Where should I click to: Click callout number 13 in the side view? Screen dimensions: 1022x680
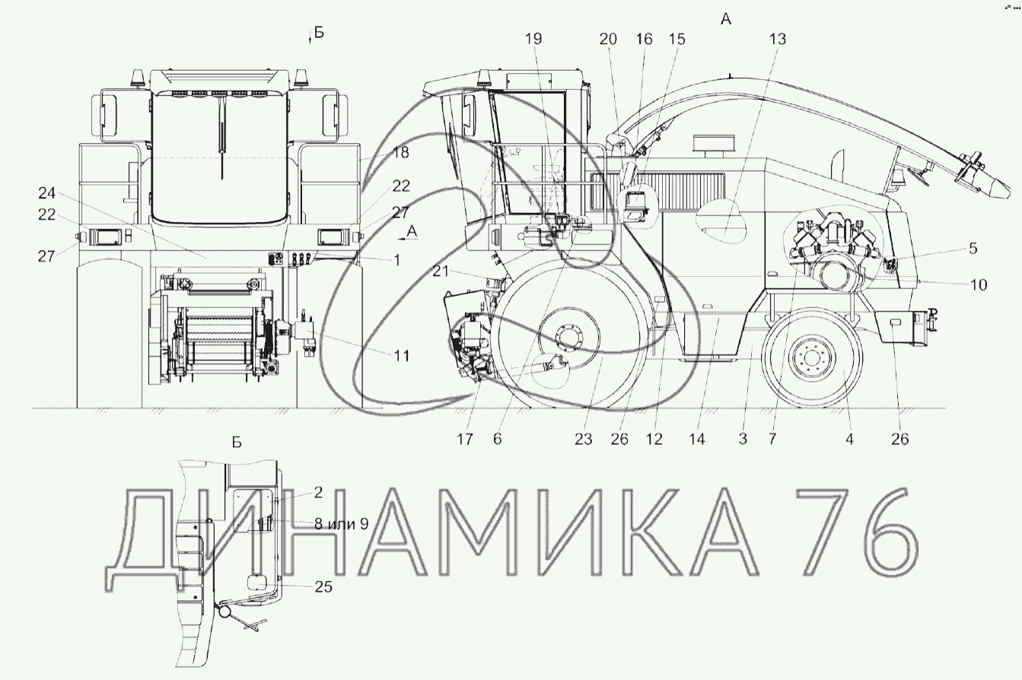tap(778, 40)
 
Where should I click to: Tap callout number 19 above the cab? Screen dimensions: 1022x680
tap(533, 40)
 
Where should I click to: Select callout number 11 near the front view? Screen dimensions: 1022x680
tap(402, 356)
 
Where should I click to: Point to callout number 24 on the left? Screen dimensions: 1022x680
tap(46, 193)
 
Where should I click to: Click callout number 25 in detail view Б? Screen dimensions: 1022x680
tap(323, 586)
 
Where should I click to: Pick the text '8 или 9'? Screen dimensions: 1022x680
tap(341, 524)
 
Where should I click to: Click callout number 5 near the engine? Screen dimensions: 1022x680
tap(973, 249)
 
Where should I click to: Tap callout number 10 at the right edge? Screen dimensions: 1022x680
tap(978, 285)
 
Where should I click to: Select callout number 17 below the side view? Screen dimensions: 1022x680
tap(464, 439)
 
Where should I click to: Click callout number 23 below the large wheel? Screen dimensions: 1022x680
tap(583, 439)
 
